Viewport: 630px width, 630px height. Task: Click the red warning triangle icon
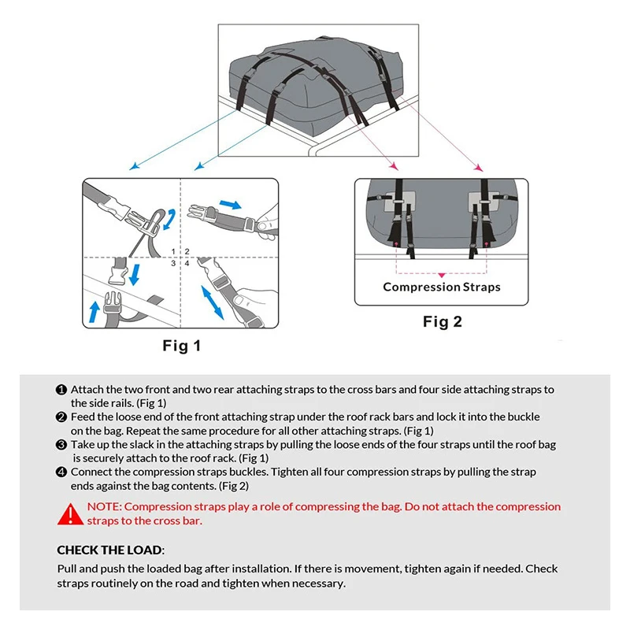coord(69,514)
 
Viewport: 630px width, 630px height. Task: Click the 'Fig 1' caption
coord(181,346)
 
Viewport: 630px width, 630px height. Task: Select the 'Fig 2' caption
coord(442,321)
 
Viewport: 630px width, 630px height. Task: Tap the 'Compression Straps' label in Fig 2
coord(441,287)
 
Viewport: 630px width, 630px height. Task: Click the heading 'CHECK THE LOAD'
coord(110,550)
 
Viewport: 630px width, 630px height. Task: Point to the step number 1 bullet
coord(61,390)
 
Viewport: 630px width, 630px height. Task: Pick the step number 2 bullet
coord(61,417)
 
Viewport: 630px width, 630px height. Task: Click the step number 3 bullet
coord(61,445)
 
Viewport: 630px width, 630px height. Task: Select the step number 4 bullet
coord(61,472)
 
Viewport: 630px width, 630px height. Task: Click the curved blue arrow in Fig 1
coord(169,220)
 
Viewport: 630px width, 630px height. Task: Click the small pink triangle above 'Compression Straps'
coord(442,272)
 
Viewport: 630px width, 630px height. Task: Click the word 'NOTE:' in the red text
coord(104,507)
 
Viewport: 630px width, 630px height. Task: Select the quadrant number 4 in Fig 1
coord(187,262)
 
